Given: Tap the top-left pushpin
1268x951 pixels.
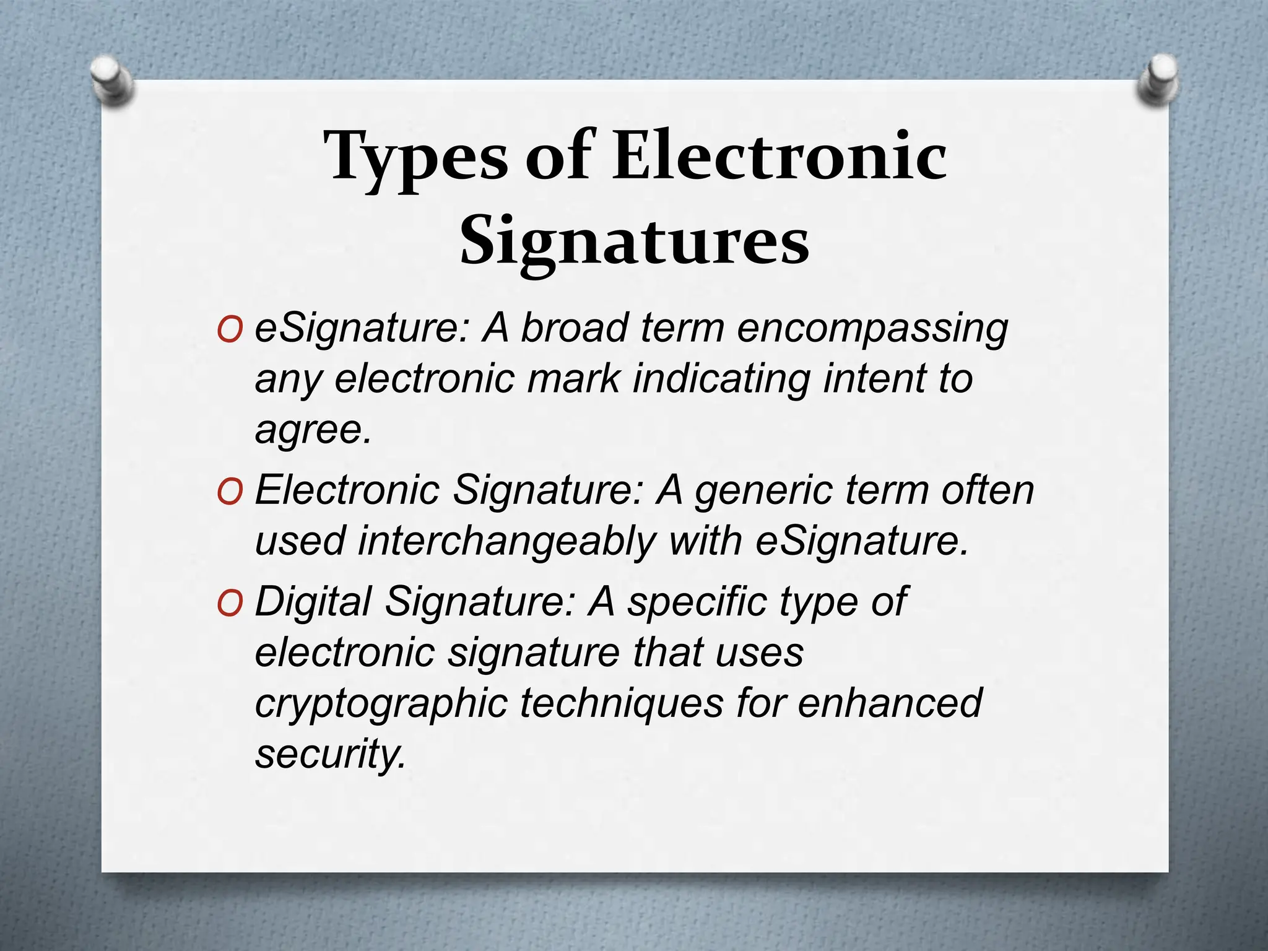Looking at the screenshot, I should (x=111, y=80).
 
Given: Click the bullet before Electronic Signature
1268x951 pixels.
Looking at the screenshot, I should (x=230, y=493).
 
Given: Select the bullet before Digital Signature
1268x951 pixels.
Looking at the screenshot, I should (x=230, y=604).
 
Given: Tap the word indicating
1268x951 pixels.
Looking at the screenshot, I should (x=721, y=378).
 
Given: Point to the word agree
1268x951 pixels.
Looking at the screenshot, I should (x=313, y=431).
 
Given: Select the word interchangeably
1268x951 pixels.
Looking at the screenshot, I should (x=506, y=541).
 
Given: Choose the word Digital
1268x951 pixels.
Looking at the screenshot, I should (x=313, y=602).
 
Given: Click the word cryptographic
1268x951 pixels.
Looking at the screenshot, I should (x=381, y=705).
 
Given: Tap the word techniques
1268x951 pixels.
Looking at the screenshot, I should (x=622, y=703).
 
